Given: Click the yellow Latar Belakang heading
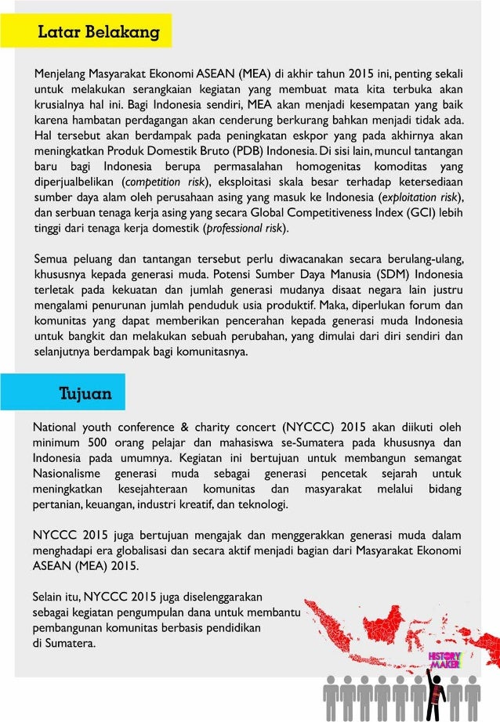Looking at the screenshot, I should coord(99,32).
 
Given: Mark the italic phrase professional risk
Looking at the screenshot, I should coord(243,229).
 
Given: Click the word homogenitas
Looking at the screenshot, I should coord(332,166).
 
